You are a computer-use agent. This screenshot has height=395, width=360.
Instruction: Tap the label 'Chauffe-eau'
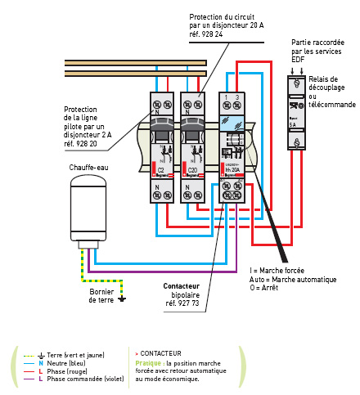(x=88, y=167)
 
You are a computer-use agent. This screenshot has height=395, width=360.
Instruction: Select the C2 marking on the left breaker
(x=161, y=170)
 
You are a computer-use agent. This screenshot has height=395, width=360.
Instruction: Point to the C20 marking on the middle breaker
(x=192, y=170)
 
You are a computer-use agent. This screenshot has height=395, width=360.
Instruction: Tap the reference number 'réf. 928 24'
(x=209, y=35)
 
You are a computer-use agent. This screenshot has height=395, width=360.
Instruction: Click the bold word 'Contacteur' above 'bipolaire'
(x=182, y=286)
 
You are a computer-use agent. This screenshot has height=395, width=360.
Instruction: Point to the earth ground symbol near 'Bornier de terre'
(x=121, y=298)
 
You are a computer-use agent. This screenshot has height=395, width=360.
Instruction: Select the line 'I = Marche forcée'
(x=277, y=270)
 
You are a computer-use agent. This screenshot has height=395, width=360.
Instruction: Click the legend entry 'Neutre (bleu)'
(x=66, y=363)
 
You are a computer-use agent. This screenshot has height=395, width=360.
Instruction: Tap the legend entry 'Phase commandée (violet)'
(x=80, y=379)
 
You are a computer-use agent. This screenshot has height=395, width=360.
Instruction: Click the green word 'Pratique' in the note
(x=148, y=362)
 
